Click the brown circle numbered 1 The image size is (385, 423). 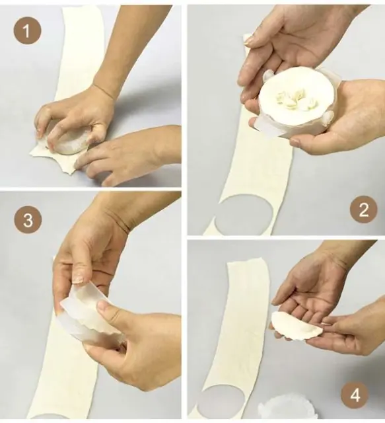click(27, 30)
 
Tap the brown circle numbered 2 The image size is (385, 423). click(363, 210)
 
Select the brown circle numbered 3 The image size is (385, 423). click(28, 220)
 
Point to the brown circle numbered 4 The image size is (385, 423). click(355, 395)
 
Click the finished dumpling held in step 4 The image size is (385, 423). click(296, 325)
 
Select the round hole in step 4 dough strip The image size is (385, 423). click(221, 402)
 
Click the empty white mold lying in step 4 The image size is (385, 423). click(277, 409)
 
